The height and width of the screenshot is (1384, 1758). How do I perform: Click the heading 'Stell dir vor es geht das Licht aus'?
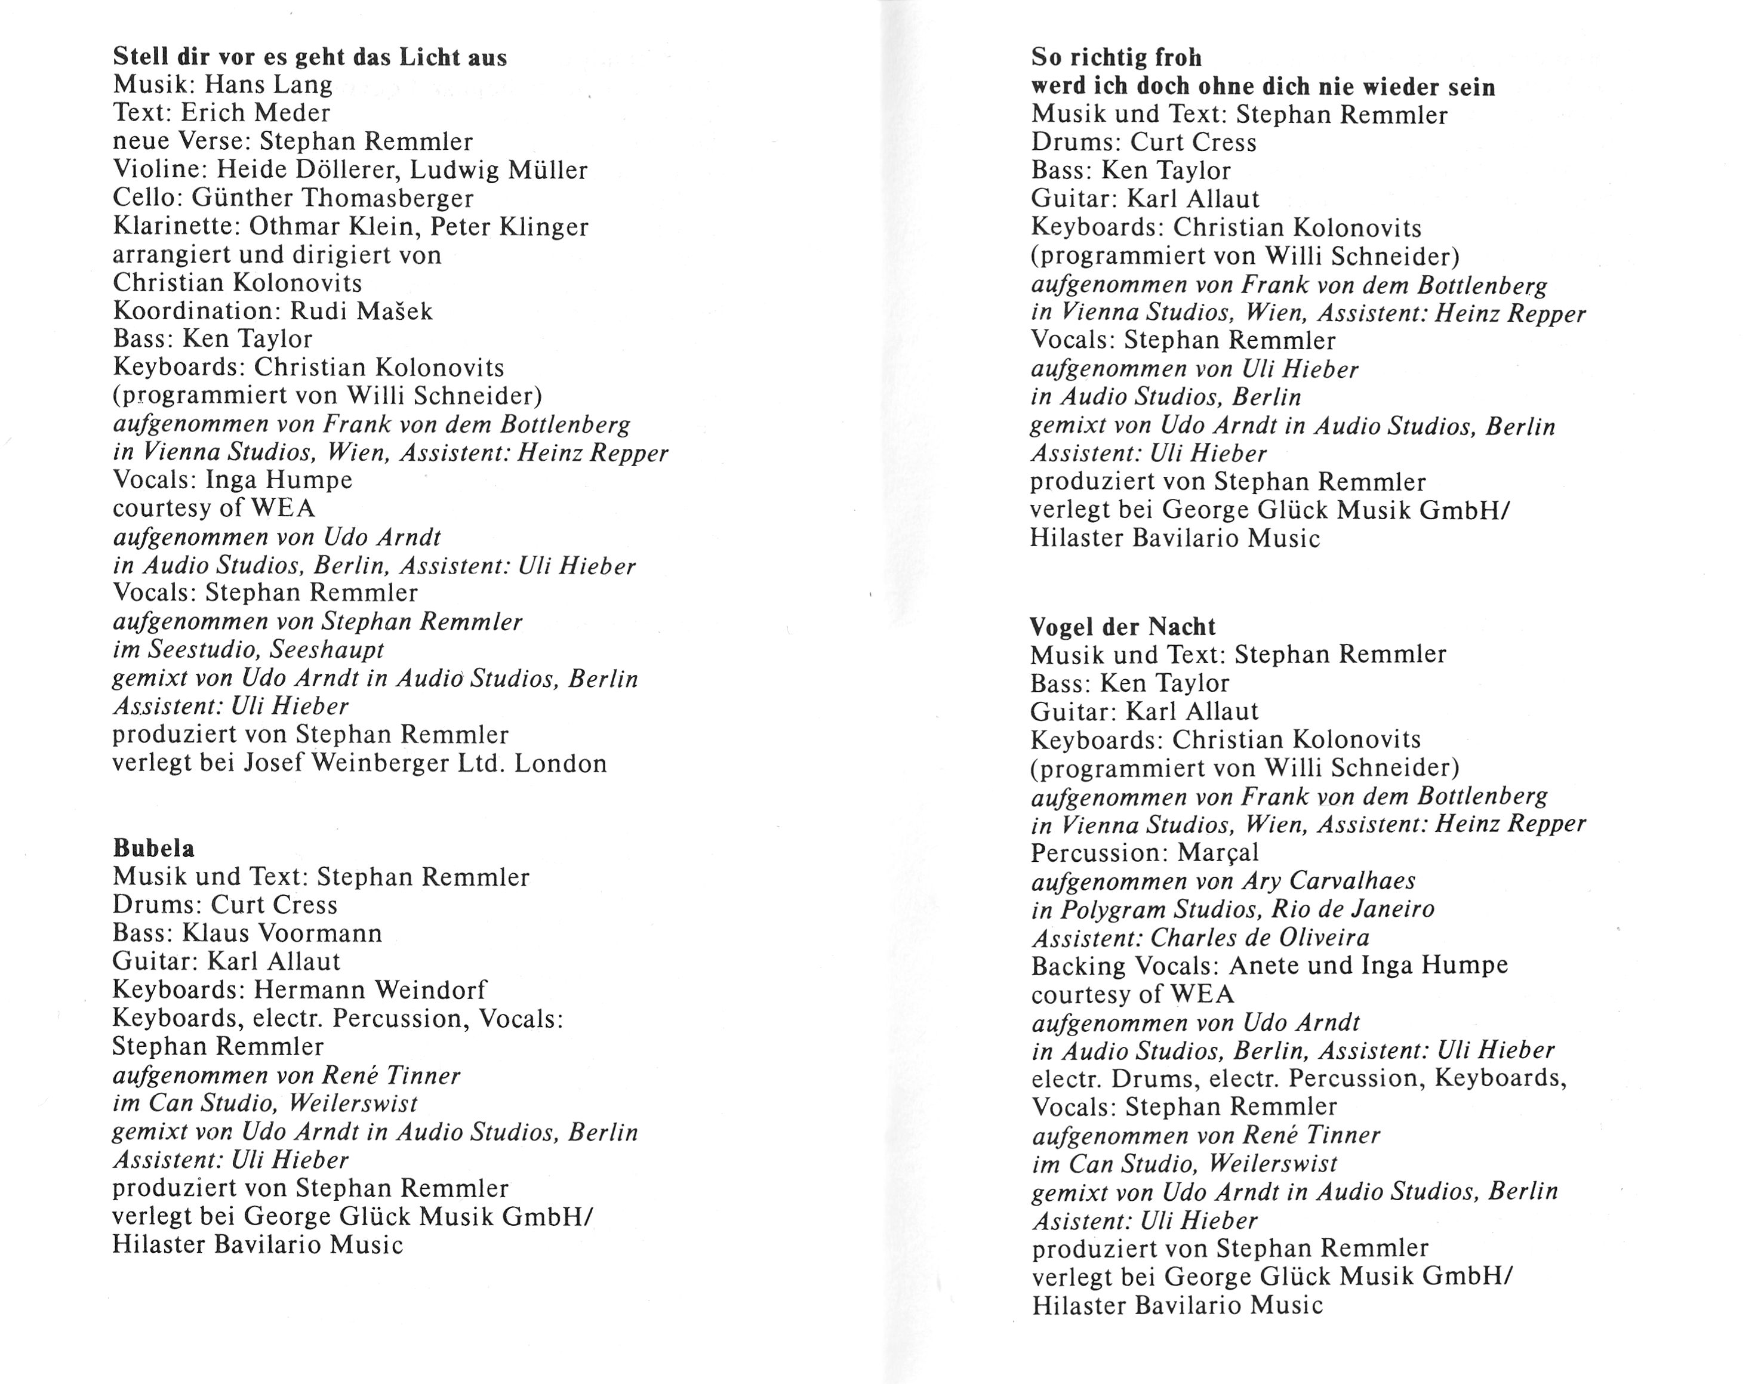(x=310, y=57)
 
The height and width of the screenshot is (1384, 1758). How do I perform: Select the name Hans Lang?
(x=267, y=84)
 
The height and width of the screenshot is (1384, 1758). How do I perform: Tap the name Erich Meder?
(x=255, y=113)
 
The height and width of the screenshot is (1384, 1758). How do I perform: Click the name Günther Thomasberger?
(x=332, y=198)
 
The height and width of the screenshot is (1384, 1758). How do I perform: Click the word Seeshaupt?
(x=328, y=649)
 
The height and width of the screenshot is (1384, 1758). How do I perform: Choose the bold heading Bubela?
(x=153, y=849)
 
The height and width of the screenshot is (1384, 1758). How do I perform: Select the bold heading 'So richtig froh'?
(x=1116, y=57)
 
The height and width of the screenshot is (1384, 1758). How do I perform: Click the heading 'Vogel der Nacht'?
(x=1123, y=627)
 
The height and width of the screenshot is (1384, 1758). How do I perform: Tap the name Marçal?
(x=1218, y=852)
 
